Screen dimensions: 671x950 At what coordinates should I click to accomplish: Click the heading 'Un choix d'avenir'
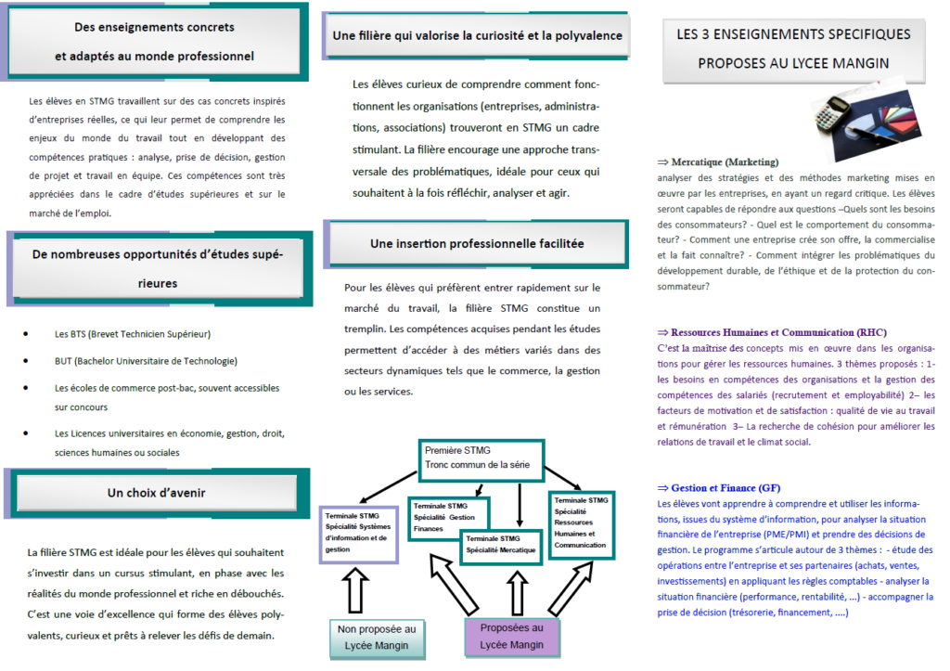[156, 493]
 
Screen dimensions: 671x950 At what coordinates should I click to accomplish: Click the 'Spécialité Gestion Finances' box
[450, 517]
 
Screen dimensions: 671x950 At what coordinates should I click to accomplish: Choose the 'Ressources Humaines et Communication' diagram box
[582, 523]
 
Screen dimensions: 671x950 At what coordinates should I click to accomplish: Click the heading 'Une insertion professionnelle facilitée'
[477, 244]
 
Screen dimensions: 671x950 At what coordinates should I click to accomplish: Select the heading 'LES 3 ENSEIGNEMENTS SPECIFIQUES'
[793, 35]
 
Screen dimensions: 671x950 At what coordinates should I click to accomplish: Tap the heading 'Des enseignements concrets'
[154, 28]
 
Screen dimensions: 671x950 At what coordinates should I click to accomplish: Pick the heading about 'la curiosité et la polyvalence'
[477, 36]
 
